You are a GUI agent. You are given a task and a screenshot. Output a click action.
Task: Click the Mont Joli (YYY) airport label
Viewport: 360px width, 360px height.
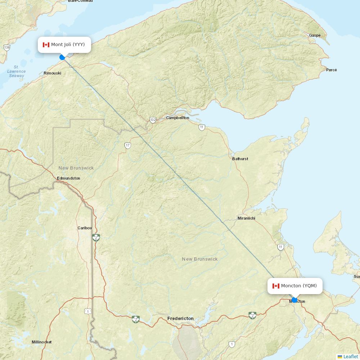click(x=64, y=45)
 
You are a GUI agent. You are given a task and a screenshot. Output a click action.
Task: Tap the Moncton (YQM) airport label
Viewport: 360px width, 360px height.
click(x=295, y=286)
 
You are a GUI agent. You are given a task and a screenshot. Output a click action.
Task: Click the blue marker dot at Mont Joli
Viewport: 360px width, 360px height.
click(x=62, y=57)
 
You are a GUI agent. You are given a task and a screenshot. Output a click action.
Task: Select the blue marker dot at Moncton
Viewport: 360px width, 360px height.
click(x=294, y=300)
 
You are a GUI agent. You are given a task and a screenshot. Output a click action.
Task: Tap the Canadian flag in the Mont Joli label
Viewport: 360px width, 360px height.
click(x=46, y=45)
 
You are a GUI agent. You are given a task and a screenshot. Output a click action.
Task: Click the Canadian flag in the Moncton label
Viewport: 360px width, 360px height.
click(x=276, y=286)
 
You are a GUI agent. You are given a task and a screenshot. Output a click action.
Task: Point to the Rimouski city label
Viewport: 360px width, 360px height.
click(x=52, y=73)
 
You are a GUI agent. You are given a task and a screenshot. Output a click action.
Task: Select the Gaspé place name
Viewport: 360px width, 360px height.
click(x=315, y=35)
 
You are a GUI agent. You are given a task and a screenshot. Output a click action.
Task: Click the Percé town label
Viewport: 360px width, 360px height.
click(x=331, y=70)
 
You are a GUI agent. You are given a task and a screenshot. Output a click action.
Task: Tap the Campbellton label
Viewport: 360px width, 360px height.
click(x=177, y=118)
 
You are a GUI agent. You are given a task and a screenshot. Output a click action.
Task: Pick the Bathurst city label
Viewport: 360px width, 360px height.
click(x=240, y=159)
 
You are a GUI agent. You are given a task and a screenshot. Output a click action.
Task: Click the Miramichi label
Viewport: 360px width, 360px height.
click(x=246, y=219)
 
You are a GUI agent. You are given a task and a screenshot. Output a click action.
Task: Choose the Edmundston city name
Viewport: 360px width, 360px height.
click(x=68, y=178)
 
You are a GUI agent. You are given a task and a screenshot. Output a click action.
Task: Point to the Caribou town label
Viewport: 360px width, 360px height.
click(x=85, y=228)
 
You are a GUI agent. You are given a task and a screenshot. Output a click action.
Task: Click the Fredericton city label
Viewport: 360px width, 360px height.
click(x=180, y=319)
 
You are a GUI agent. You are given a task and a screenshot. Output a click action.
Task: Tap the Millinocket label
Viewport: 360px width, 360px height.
click(x=41, y=342)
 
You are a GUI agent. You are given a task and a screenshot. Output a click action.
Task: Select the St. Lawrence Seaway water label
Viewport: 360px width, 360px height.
click(x=17, y=71)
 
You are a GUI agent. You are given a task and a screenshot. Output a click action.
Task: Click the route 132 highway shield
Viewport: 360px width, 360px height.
click(x=153, y=120)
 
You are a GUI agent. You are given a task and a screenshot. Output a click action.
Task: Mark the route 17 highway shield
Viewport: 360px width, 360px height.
click(x=128, y=145)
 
